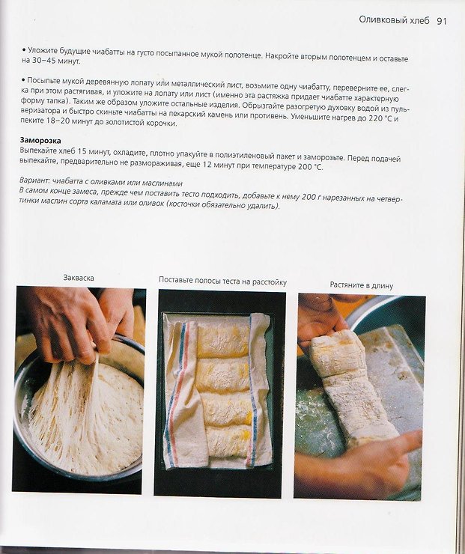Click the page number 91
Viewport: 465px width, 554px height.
tap(442, 21)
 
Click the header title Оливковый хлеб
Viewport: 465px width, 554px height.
tap(394, 20)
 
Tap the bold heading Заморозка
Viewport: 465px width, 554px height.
tap(40, 141)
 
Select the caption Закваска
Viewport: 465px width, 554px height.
tap(79, 278)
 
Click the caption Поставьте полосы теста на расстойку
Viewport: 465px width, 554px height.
tap(222, 281)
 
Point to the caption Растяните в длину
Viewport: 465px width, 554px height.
tap(361, 285)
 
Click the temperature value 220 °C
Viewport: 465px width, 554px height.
tap(380, 118)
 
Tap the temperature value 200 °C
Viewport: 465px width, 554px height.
tap(310, 167)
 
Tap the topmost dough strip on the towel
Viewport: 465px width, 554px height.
tap(223, 341)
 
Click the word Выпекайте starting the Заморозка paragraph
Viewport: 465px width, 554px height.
tap(37, 150)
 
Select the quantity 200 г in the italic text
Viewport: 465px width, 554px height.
tap(310, 197)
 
